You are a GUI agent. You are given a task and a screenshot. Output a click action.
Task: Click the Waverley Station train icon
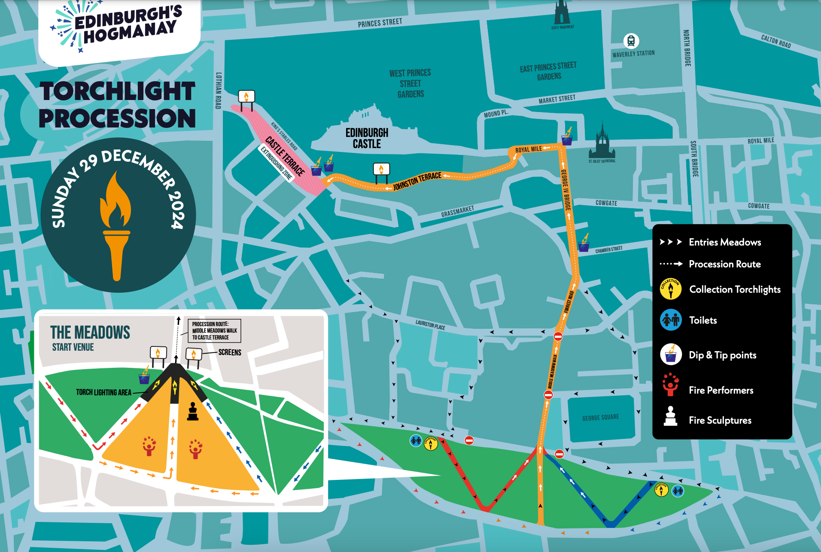pos(631,41)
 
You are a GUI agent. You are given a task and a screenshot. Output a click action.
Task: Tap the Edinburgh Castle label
pos(367,138)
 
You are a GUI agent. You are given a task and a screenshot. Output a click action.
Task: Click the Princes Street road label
pos(380,23)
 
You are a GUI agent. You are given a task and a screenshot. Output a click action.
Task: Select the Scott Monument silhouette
pos(562,13)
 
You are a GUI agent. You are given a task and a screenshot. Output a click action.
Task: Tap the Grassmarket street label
pos(457,212)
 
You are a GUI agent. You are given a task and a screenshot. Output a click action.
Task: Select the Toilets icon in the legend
pos(670,320)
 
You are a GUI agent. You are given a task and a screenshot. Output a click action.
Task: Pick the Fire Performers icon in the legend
pos(670,385)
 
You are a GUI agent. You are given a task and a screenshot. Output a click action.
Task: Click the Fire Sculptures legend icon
pos(670,416)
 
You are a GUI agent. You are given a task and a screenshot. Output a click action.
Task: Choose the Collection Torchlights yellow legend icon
pos(670,288)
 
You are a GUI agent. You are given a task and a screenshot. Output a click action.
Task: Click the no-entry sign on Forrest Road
pos(558,336)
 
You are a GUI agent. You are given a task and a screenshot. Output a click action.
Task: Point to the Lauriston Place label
pos(430,325)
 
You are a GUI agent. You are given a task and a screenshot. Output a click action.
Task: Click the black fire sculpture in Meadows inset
pos(193,412)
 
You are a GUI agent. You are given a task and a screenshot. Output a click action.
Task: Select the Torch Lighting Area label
pos(103,392)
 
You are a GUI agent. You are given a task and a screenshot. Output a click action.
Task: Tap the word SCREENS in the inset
pos(230,352)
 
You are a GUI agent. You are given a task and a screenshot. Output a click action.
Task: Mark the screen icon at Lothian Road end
pos(246,97)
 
